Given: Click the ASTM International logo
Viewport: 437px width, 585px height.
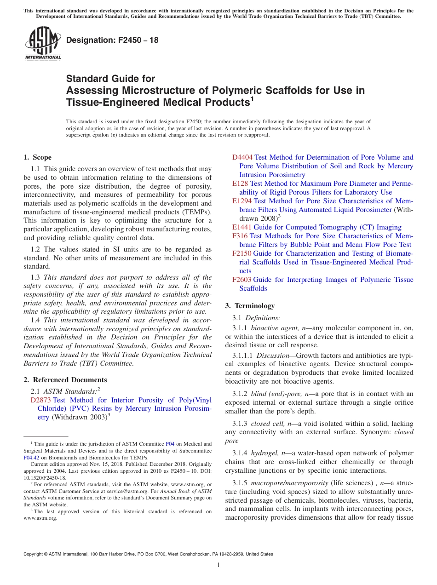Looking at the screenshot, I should (x=43, y=44).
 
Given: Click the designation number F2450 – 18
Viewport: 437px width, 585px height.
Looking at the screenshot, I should (x=112, y=40).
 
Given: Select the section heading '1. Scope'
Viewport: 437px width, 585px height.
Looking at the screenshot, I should (x=38, y=157).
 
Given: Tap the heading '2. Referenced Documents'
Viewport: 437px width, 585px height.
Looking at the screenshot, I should (x=65, y=380).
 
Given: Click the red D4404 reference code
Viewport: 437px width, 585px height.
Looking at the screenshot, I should (x=242, y=157).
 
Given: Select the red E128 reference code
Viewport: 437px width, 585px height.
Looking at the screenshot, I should (x=240, y=184).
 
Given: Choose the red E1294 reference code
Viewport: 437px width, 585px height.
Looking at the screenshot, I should (x=242, y=201).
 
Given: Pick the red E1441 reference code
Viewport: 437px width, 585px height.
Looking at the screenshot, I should (x=242, y=227).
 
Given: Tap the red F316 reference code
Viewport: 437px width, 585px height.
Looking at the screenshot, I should (x=240, y=236).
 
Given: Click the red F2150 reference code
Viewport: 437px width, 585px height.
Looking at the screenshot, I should (x=242, y=253).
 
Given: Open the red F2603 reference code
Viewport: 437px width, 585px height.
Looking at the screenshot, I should (x=242, y=280).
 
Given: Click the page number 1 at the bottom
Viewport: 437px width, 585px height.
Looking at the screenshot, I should (x=218, y=565).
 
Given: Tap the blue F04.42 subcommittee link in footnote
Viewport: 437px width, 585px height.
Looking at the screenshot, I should (x=30, y=458).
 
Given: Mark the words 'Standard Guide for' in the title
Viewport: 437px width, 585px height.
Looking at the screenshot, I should (x=110, y=79).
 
